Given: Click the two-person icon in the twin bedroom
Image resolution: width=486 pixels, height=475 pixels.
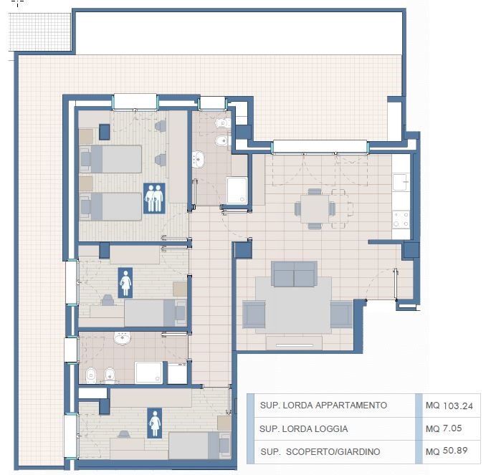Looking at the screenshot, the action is [x=154, y=198].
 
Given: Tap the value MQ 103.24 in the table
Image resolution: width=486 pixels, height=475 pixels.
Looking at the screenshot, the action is [x=449, y=406].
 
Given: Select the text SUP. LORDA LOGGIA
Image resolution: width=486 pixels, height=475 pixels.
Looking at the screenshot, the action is [x=303, y=429].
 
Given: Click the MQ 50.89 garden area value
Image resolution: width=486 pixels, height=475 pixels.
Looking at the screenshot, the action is [x=447, y=451].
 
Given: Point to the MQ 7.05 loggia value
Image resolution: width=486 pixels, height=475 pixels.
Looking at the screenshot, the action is [x=444, y=428].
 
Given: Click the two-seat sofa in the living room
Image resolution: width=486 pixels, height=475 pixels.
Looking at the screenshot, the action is [x=294, y=274].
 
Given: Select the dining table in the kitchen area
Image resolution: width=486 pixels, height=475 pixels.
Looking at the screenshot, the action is [x=315, y=208].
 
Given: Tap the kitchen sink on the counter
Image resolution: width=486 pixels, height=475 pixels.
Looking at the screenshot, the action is [x=401, y=182].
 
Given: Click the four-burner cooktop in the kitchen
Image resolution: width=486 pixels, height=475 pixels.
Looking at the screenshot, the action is [x=401, y=220].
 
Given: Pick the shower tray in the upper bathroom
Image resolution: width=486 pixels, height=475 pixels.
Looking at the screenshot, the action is [x=237, y=191].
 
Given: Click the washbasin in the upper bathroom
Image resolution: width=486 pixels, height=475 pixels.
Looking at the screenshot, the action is [x=198, y=159].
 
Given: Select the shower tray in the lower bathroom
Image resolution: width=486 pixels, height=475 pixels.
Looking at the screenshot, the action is [x=148, y=373].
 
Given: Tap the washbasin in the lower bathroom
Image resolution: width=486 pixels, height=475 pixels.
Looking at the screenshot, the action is [x=123, y=338].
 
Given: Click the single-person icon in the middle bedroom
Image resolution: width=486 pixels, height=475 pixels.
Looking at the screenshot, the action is [x=125, y=283].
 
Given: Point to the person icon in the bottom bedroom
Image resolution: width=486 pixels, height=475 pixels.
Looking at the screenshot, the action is [x=154, y=423].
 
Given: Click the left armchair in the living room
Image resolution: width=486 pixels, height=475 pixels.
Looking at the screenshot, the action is [x=254, y=314].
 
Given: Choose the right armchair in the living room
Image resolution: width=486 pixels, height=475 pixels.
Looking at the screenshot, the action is [x=342, y=315].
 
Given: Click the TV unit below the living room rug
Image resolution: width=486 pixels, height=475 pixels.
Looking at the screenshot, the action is [x=294, y=342].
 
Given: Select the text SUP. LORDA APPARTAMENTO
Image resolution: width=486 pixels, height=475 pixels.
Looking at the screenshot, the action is [x=323, y=406].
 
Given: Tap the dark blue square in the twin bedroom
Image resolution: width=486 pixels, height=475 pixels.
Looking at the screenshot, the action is [x=105, y=132].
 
